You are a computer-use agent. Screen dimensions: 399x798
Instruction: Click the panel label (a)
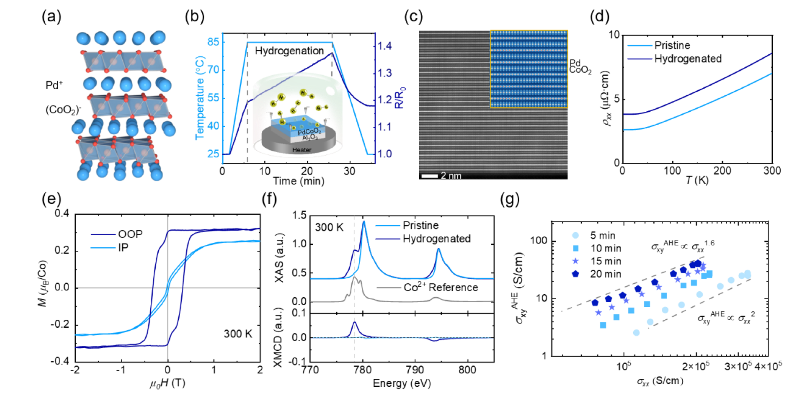tap(51, 17)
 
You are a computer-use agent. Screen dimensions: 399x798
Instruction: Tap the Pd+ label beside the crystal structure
tap(54, 85)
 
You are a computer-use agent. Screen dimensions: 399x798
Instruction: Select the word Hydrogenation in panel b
tap(289, 51)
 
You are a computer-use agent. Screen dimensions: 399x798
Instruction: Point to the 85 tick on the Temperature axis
tap(214, 42)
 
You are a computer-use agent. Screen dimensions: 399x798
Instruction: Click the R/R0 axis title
tap(400, 98)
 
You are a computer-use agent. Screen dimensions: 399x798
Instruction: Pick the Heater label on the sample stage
tap(301, 150)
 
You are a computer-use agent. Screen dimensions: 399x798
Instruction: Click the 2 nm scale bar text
tap(451, 176)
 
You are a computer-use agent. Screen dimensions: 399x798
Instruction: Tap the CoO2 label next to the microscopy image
tap(580, 70)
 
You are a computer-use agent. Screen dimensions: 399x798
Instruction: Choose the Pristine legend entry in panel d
tap(672, 45)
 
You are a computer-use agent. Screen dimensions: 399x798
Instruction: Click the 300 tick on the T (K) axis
tap(772, 171)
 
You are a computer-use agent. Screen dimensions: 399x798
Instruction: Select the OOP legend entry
tap(130, 234)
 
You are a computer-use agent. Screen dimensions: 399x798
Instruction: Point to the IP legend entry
tap(124, 248)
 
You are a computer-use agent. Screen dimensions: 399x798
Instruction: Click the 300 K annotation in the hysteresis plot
tap(238, 334)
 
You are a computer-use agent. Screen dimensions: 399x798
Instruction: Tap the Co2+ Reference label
tap(441, 287)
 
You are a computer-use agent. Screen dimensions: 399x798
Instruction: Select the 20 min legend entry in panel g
tap(605, 274)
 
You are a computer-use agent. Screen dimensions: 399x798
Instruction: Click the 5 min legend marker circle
tap(575, 236)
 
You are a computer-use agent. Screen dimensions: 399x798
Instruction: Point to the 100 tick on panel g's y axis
tap(539, 241)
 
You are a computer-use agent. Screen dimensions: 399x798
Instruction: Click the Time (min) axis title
tap(298, 181)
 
